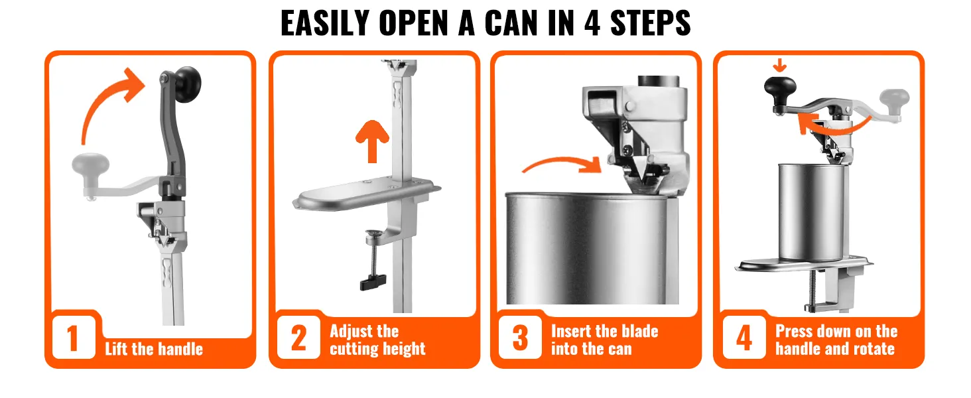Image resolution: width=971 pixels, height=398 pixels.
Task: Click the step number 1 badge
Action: point(74,337)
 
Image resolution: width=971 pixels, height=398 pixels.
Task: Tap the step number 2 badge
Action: point(298,337)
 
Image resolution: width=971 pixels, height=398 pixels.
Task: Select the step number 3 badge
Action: point(520,337)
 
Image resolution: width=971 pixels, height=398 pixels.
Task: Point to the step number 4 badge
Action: point(744,337)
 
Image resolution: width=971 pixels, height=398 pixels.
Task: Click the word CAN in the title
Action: point(511,23)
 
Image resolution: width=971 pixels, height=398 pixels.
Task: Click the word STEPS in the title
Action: point(650,23)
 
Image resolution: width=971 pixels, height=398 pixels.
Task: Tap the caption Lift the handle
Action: point(154,349)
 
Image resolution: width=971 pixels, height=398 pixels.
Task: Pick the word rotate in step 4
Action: point(873,348)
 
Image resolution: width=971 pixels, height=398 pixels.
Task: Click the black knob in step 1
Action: point(188,84)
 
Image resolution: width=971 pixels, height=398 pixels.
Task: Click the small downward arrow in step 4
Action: point(779,65)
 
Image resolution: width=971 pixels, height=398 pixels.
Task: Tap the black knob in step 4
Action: point(780,91)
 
